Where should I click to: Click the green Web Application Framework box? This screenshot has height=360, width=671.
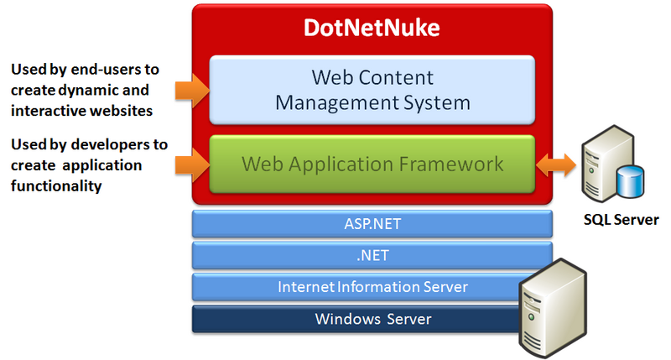372,163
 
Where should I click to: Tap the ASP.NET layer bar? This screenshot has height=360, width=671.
372,223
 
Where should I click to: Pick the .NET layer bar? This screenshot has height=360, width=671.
372,255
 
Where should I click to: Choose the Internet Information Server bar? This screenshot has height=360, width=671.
372,287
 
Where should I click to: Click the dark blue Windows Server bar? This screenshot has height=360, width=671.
372,319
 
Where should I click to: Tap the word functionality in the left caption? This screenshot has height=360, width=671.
56,185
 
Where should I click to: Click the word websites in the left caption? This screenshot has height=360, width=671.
137,108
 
